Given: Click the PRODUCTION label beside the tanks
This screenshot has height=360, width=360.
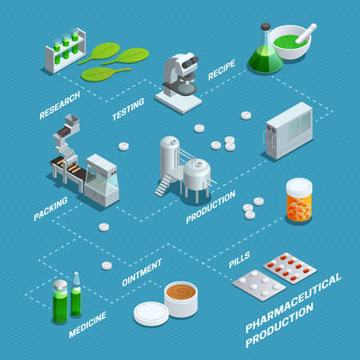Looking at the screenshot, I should (210, 206).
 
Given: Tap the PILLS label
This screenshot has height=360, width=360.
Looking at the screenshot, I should (238, 260).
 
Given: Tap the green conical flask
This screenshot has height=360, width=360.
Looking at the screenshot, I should (265, 52).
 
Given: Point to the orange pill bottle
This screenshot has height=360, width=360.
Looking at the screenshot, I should (298, 200).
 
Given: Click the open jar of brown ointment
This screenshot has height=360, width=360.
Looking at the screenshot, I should (181, 298).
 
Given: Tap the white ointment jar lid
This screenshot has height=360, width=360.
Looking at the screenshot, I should (150, 312).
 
